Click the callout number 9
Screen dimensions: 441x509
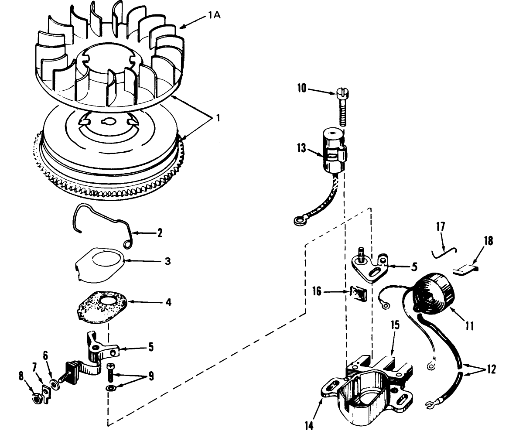tap(151, 376)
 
